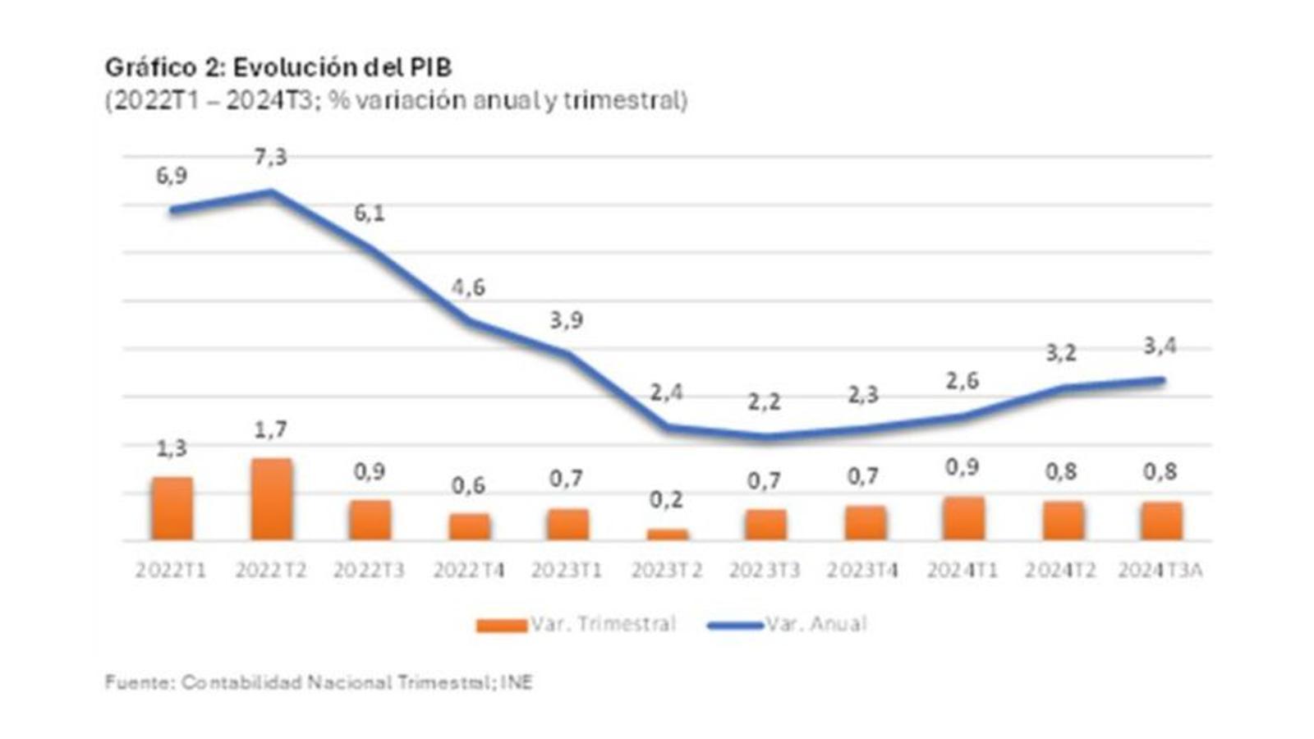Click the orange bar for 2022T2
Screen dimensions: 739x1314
tap(272, 499)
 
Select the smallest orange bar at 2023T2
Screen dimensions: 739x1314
tap(667, 535)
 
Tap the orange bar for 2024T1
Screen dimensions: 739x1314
tap(963, 518)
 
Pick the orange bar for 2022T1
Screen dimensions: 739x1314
tap(172, 508)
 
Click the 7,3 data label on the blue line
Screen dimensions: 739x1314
tap(270, 157)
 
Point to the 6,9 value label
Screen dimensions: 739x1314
tap(172, 176)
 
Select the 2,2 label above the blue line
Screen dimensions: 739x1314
tap(764, 402)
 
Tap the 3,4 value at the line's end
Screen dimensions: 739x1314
tap(1160, 346)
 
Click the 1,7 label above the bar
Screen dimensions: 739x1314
tap(270, 429)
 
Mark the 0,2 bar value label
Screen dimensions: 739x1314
tap(666, 499)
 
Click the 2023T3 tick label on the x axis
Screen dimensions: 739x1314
tap(764, 570)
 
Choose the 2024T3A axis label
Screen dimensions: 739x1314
tap(1160, 570)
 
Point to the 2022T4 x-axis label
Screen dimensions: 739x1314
tap(468, 570)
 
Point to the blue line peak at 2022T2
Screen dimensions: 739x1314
tap(271, 193)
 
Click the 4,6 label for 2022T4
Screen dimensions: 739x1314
tap(468, 287)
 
